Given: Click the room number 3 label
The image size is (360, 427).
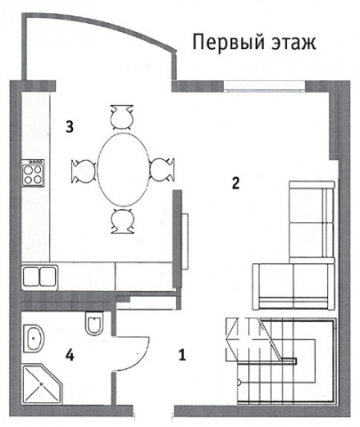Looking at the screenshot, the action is tap(69, 127).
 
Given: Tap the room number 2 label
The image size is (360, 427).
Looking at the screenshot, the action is tap(236, 183).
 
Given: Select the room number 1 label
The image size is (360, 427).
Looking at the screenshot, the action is tap(182, 355).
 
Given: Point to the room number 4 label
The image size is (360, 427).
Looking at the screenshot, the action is tap(69, 355).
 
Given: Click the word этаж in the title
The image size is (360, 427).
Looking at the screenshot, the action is tap(292, 42).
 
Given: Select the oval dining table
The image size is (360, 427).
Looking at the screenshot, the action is tap(124, 169).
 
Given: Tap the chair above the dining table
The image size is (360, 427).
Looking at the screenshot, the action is tap(122, 117).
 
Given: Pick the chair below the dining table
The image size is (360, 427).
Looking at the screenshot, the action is tap(122, 222).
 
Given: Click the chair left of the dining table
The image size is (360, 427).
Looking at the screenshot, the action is tap(84, 171).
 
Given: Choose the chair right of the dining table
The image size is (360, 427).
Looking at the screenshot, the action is tap(162, 169).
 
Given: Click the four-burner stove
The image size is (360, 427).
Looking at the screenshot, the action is tap(33, 173).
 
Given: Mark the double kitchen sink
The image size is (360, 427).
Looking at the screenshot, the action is tap(40, 278).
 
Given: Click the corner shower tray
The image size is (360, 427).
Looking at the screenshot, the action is tap(43, 384).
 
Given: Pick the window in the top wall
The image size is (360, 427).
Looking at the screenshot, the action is tap(264, 85).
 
